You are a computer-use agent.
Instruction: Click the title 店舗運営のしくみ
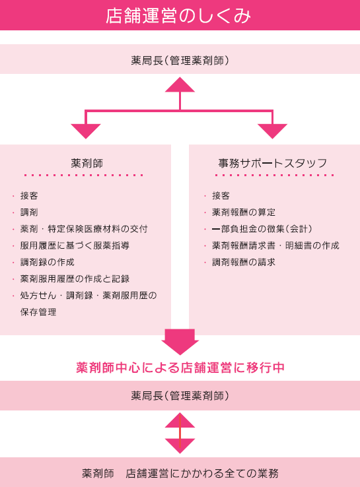point(178,16)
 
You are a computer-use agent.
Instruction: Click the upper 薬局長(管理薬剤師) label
point(180,60)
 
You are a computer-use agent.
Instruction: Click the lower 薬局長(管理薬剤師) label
point(180,396)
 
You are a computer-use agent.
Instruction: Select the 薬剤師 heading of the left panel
point(87,163)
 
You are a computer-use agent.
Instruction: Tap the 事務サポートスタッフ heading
point(273,163)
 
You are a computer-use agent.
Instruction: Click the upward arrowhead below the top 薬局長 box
point(180,84)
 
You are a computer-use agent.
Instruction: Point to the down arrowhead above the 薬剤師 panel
point(86,131)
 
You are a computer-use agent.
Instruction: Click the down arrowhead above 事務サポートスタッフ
point(272,131)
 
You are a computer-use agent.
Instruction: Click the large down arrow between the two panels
point(180,342)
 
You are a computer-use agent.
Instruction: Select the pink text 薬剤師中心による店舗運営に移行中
point(180,368)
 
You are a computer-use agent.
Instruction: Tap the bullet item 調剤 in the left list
point(29,212)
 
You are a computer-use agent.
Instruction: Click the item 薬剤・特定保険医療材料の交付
point(84,229)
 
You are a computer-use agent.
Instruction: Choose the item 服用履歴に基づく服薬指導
point(75,245)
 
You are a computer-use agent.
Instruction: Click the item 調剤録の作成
point(48,262)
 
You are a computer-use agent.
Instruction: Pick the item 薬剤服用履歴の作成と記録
point(75,279)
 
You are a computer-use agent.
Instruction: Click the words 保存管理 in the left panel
point(38,312)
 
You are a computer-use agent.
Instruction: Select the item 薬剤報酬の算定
point(244,212)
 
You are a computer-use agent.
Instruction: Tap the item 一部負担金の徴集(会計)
point(262,229)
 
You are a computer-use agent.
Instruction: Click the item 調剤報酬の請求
point(244,262)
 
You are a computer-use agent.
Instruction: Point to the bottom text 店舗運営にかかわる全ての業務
point(202,473)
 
